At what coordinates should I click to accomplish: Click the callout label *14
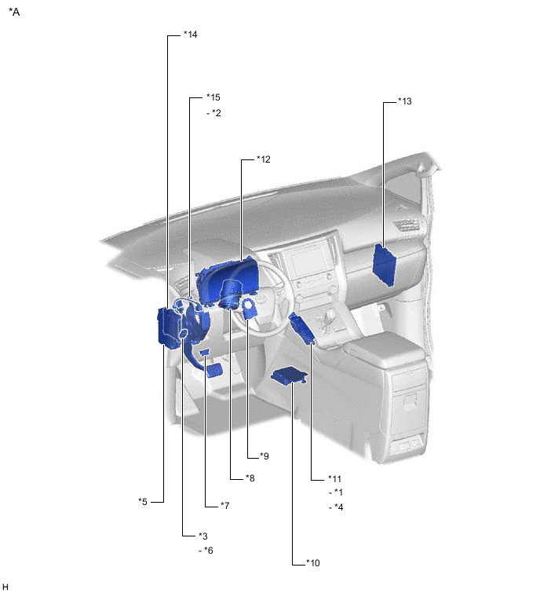[x=191, y=35]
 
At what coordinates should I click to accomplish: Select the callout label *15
[x=213, y=97]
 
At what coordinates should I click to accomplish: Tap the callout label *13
[x=405, y=101]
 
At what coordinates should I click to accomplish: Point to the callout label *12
[x=264, y=159]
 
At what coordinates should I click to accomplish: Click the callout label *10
[x=313, y=563]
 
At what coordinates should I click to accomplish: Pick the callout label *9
[x=265, y=456]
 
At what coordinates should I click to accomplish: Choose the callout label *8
[x=250, y=478]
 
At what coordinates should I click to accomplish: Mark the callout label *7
[x=224, y=506]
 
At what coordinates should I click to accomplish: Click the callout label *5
[x=143, y=502]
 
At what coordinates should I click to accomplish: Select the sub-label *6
[x=206, y=551]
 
